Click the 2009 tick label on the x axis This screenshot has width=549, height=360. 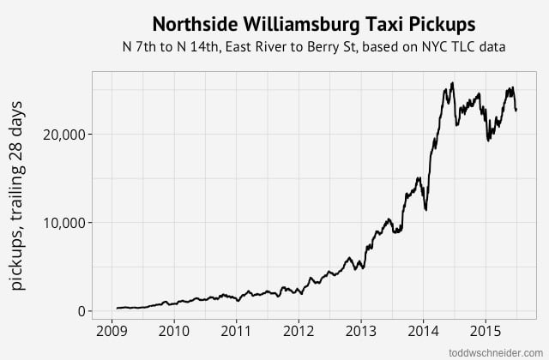112,330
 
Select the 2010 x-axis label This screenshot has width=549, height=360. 174,330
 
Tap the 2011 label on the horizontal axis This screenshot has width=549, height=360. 237,330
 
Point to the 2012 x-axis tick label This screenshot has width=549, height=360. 299,330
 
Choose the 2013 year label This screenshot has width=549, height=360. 361,330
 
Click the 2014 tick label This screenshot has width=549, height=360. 424,330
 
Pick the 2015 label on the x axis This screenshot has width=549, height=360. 486,330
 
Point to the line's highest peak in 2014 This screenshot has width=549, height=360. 452,83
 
